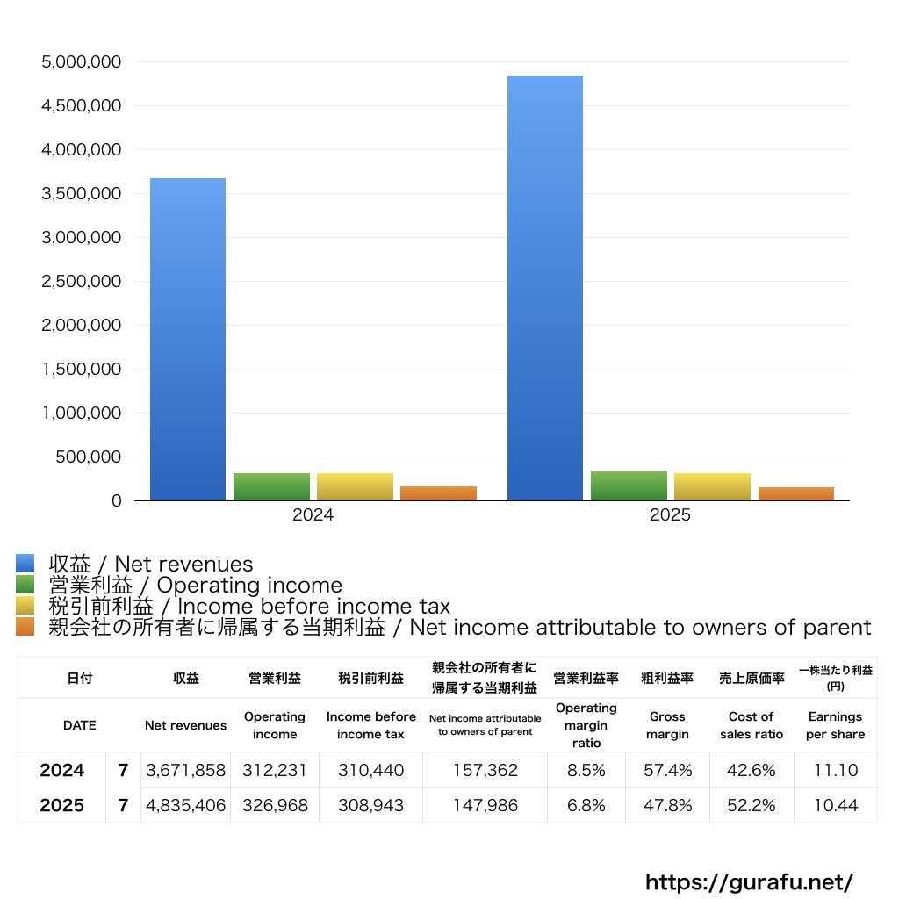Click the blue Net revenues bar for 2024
coord(187,340)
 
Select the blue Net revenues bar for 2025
coord(544,288)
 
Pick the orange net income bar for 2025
coord(795,494)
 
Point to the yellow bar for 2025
coord(712,487)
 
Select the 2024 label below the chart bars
coord(313,515)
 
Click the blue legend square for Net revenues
coord(25,564)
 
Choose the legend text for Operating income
coord(195,586)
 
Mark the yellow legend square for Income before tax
coord(25,607)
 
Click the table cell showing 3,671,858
coord(185,770)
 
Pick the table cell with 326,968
coord(274,805)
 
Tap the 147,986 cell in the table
coord(484,805)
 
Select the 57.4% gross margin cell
coord(667,770)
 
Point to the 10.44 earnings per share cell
coord(835,805)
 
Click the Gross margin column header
coord(667,725)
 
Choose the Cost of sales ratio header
coord(752,725)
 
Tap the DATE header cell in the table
coord(79,725)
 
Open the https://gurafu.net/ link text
coord(749,881)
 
